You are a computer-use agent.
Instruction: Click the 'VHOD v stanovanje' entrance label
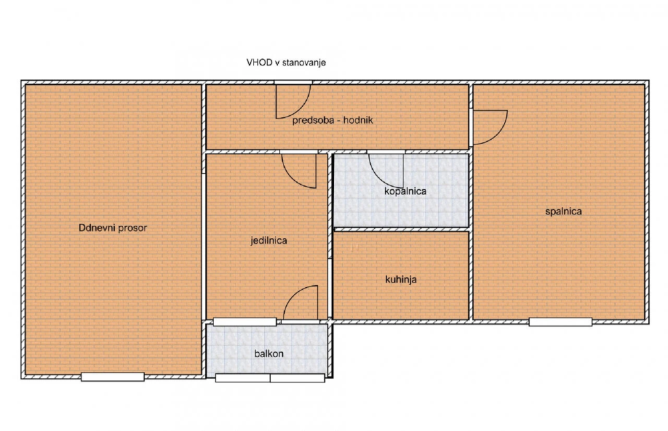tap(286, 63)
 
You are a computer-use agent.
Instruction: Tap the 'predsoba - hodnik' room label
tap(332, 121)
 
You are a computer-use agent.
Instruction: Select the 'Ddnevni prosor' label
tap(113, 228)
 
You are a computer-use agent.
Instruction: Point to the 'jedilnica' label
tap(268, 240)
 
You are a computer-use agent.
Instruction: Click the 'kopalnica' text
tap(405, 191)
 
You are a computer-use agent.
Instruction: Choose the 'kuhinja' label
tap(401, 280)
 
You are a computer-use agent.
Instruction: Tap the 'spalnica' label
tap(564, 211)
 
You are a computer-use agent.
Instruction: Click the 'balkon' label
tap(268, 354)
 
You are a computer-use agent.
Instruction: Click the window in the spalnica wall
tap(560, 322)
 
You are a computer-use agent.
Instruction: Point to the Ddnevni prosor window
tap(112, 377)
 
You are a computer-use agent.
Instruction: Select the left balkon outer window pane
tap(243, 378)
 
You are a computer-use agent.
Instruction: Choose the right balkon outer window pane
tap(298, 378)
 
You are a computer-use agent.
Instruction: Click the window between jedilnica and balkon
tap(245, 322)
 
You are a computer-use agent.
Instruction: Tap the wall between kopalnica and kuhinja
tap(401, 229)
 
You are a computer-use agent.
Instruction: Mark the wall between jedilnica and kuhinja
tap(329, 237)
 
